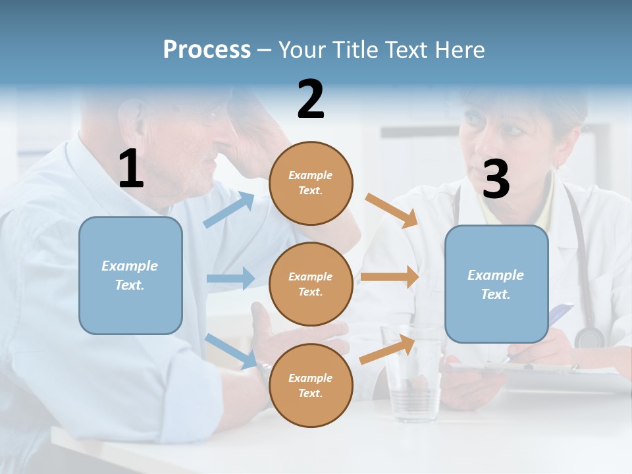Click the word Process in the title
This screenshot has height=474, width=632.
[207, 49]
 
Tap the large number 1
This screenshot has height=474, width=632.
[131, 169]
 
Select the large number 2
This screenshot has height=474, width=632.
[311, 99]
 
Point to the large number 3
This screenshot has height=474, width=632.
[496, 180]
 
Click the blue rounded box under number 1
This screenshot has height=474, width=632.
[130, 275]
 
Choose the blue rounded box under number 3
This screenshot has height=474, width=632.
[496, 284]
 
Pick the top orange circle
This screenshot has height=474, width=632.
[311, 183]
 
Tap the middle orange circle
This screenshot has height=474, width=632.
[311, 284]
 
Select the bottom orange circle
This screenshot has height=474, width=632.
[311, 385]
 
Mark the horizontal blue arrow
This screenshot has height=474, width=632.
[230, 278]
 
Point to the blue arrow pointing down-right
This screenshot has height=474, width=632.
[232, 350]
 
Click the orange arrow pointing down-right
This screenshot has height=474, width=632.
[392, 210]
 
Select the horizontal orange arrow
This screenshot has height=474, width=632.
[390, 276]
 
